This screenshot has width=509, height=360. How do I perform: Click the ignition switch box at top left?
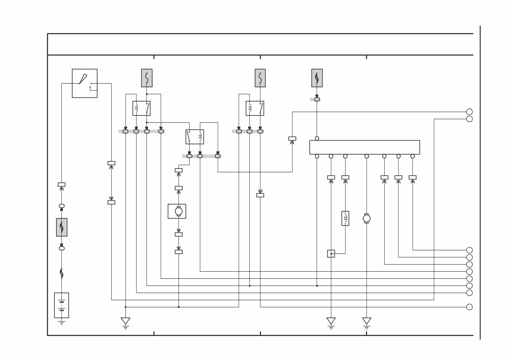pos(84,83)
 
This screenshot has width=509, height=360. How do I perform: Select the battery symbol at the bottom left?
pos(61,305)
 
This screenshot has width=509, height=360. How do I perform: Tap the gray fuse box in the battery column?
pos(61,227)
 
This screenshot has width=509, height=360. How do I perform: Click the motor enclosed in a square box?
pos(177,211)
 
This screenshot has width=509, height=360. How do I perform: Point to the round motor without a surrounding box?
pos(367,218)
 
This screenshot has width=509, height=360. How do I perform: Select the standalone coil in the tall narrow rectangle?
pos(345,218)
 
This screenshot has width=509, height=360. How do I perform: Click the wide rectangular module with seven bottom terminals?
pos(364,147)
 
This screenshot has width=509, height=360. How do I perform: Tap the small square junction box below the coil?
pos(331,253)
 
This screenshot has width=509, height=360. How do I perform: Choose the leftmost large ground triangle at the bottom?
pos(125,321)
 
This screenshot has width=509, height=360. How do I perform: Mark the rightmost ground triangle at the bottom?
pos(367,321)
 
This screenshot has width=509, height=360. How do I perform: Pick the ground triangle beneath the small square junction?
pos(331,321)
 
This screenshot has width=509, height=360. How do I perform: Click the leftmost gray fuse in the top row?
pos(147,78)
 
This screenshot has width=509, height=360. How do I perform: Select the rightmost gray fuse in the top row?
pos(317,78)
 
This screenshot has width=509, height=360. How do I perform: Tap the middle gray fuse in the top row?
pos(260,78)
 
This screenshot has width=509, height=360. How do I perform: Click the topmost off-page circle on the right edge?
pos(469,112)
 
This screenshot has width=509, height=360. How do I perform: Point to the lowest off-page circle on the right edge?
pos(469,307)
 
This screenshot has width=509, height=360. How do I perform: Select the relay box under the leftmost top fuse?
pos(141,108)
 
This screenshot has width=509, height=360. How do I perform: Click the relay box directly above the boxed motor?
pos(195,137)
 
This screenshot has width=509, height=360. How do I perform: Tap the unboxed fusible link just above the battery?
pos(61,273)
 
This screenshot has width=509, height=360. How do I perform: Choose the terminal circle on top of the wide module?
pos(317,138)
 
